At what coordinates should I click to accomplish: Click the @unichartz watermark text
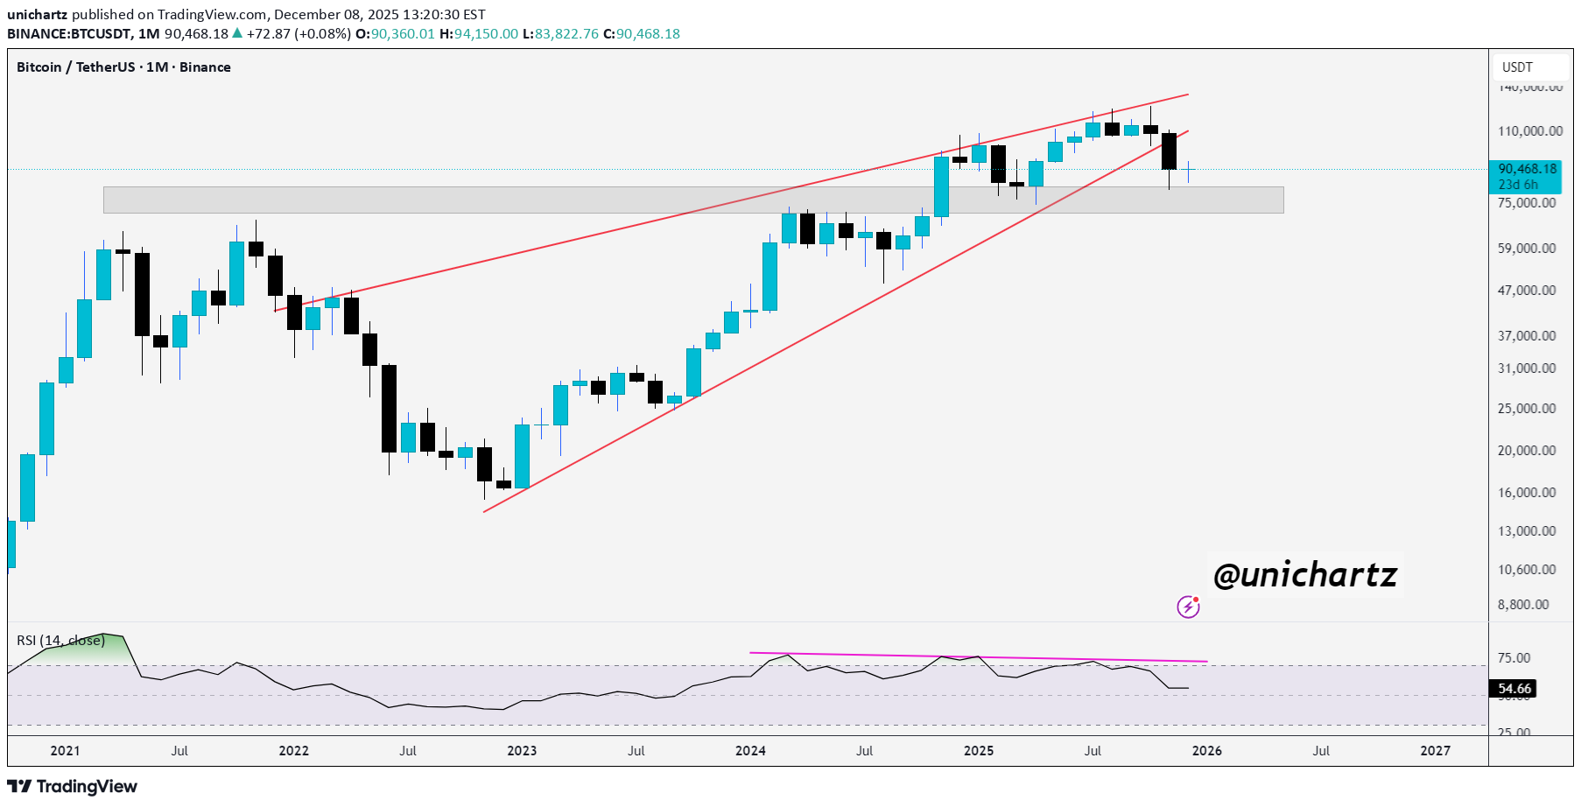(1304, 575)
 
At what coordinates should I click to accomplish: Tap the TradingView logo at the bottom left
(73, 786)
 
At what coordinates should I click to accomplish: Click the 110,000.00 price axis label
(1529, 131)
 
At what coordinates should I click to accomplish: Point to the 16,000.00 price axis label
(1526, 493)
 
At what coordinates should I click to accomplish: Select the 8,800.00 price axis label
(1522, 605)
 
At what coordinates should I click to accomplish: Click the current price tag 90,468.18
(1527, 169)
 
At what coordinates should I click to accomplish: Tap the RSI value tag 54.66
(1514, 689)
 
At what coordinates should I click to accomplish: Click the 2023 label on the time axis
(522, 751)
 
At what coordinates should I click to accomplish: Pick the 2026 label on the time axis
(1206, 751)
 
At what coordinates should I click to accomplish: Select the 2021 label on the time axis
(65, 751)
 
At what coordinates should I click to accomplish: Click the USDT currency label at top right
(1517, 67)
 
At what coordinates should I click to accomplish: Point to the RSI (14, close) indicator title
(60, 641)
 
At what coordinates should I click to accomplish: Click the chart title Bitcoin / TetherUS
(76, 67)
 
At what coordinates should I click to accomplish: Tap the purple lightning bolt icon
(1188, 607)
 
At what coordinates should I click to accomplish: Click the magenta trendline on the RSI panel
(978, 657)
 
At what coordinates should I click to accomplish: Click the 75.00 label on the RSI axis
(1514, 658)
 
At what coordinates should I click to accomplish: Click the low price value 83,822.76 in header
(566, 34)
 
